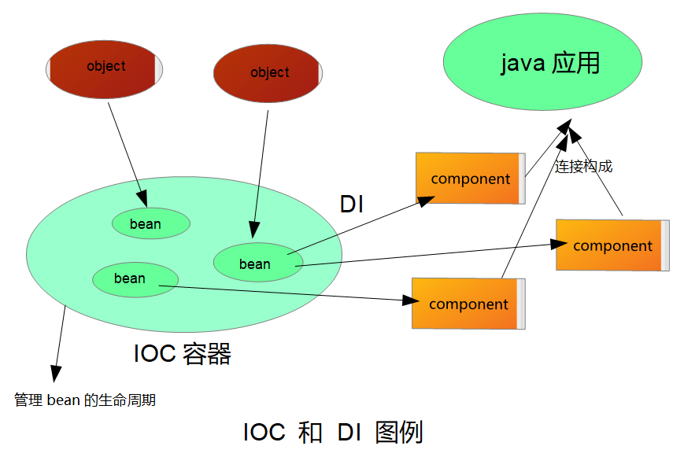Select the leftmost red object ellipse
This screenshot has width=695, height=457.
pos(105,67)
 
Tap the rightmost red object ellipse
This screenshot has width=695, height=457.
pos(268,73)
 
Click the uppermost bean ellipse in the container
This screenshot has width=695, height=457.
pos(150,224)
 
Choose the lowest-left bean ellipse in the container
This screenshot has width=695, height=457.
pos(134,279)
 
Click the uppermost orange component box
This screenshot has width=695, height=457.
pos(470,179)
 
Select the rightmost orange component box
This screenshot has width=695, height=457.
pos(612,245)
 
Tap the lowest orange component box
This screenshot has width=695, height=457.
pos(468,304)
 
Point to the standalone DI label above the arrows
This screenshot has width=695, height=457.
pos(352,204)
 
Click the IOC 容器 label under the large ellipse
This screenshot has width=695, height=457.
pos(183,354)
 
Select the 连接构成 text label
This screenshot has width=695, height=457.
pos(583,167)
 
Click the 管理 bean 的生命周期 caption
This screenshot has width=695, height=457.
pos(85,400)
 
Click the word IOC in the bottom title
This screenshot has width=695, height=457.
pos(264,433)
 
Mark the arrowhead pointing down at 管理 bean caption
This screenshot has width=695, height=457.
pos(54,374)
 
